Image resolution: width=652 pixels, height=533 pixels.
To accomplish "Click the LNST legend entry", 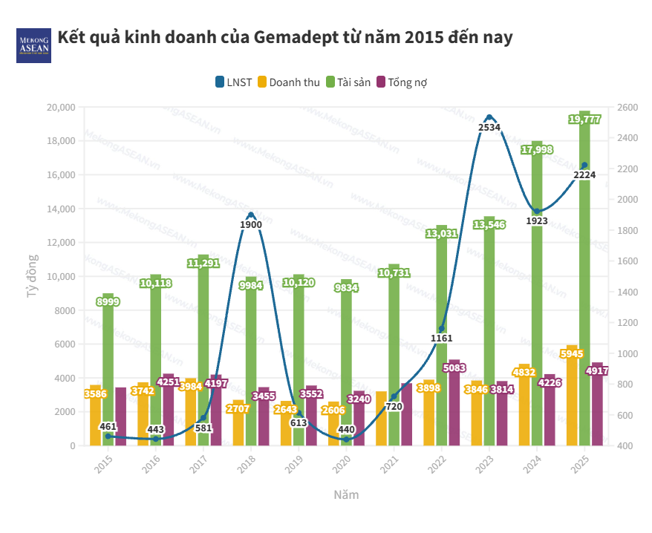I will (x=233, y=82).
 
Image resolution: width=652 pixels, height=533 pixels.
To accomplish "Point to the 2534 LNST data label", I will (x=489, y=128).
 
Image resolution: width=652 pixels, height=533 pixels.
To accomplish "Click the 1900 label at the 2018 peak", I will (x=251, y=224).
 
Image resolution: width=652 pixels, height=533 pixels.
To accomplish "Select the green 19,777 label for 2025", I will (x=584, y=120).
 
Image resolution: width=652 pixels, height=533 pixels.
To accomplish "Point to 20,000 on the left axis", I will (x=60, y=108).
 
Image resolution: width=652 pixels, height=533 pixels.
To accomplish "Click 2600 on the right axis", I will (x=627, y=108).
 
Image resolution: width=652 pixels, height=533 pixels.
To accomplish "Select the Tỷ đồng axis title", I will (x=33, y=276).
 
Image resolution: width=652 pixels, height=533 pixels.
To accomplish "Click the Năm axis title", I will (x=345, y=494).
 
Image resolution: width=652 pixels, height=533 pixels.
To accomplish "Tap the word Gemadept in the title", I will (x=293, y=37).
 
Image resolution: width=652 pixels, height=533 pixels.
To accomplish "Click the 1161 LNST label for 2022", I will (x=441, y=339).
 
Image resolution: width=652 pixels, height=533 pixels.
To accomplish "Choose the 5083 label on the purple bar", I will (x=454, y=367).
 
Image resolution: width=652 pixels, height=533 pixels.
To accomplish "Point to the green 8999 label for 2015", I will (x=108, y=301).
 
